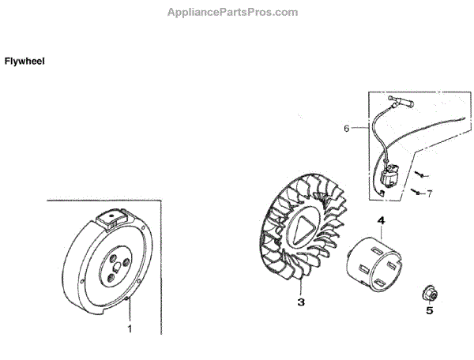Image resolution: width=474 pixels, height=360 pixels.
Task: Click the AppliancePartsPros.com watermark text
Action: (x=234, y=12)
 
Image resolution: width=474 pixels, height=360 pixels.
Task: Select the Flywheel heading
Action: (x=24, y=61)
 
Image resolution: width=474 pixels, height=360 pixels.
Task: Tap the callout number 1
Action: (x=131, y=327)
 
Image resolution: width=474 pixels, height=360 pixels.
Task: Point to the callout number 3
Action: (x=300, y=302)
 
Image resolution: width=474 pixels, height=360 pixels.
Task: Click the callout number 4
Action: (x=380, y=222)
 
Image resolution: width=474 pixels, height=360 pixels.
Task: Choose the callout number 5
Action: (x=430, y=310)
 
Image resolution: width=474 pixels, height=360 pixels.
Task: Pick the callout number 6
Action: (x=345, y=127)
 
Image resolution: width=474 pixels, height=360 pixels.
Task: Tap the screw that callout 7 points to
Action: (x=415, y=190)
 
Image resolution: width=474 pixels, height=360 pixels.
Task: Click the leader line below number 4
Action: (x=381, y=233)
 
